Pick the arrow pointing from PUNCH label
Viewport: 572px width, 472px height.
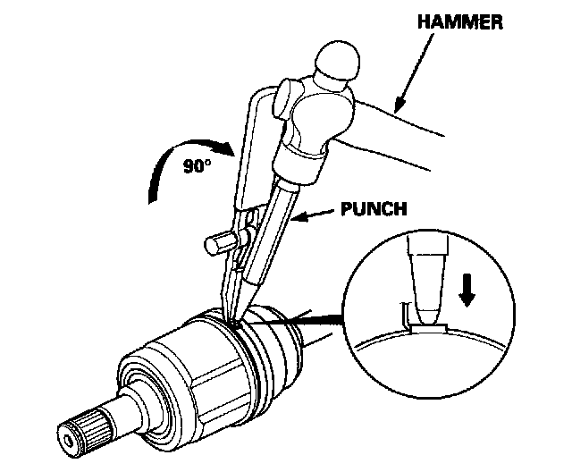click(312, 215)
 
